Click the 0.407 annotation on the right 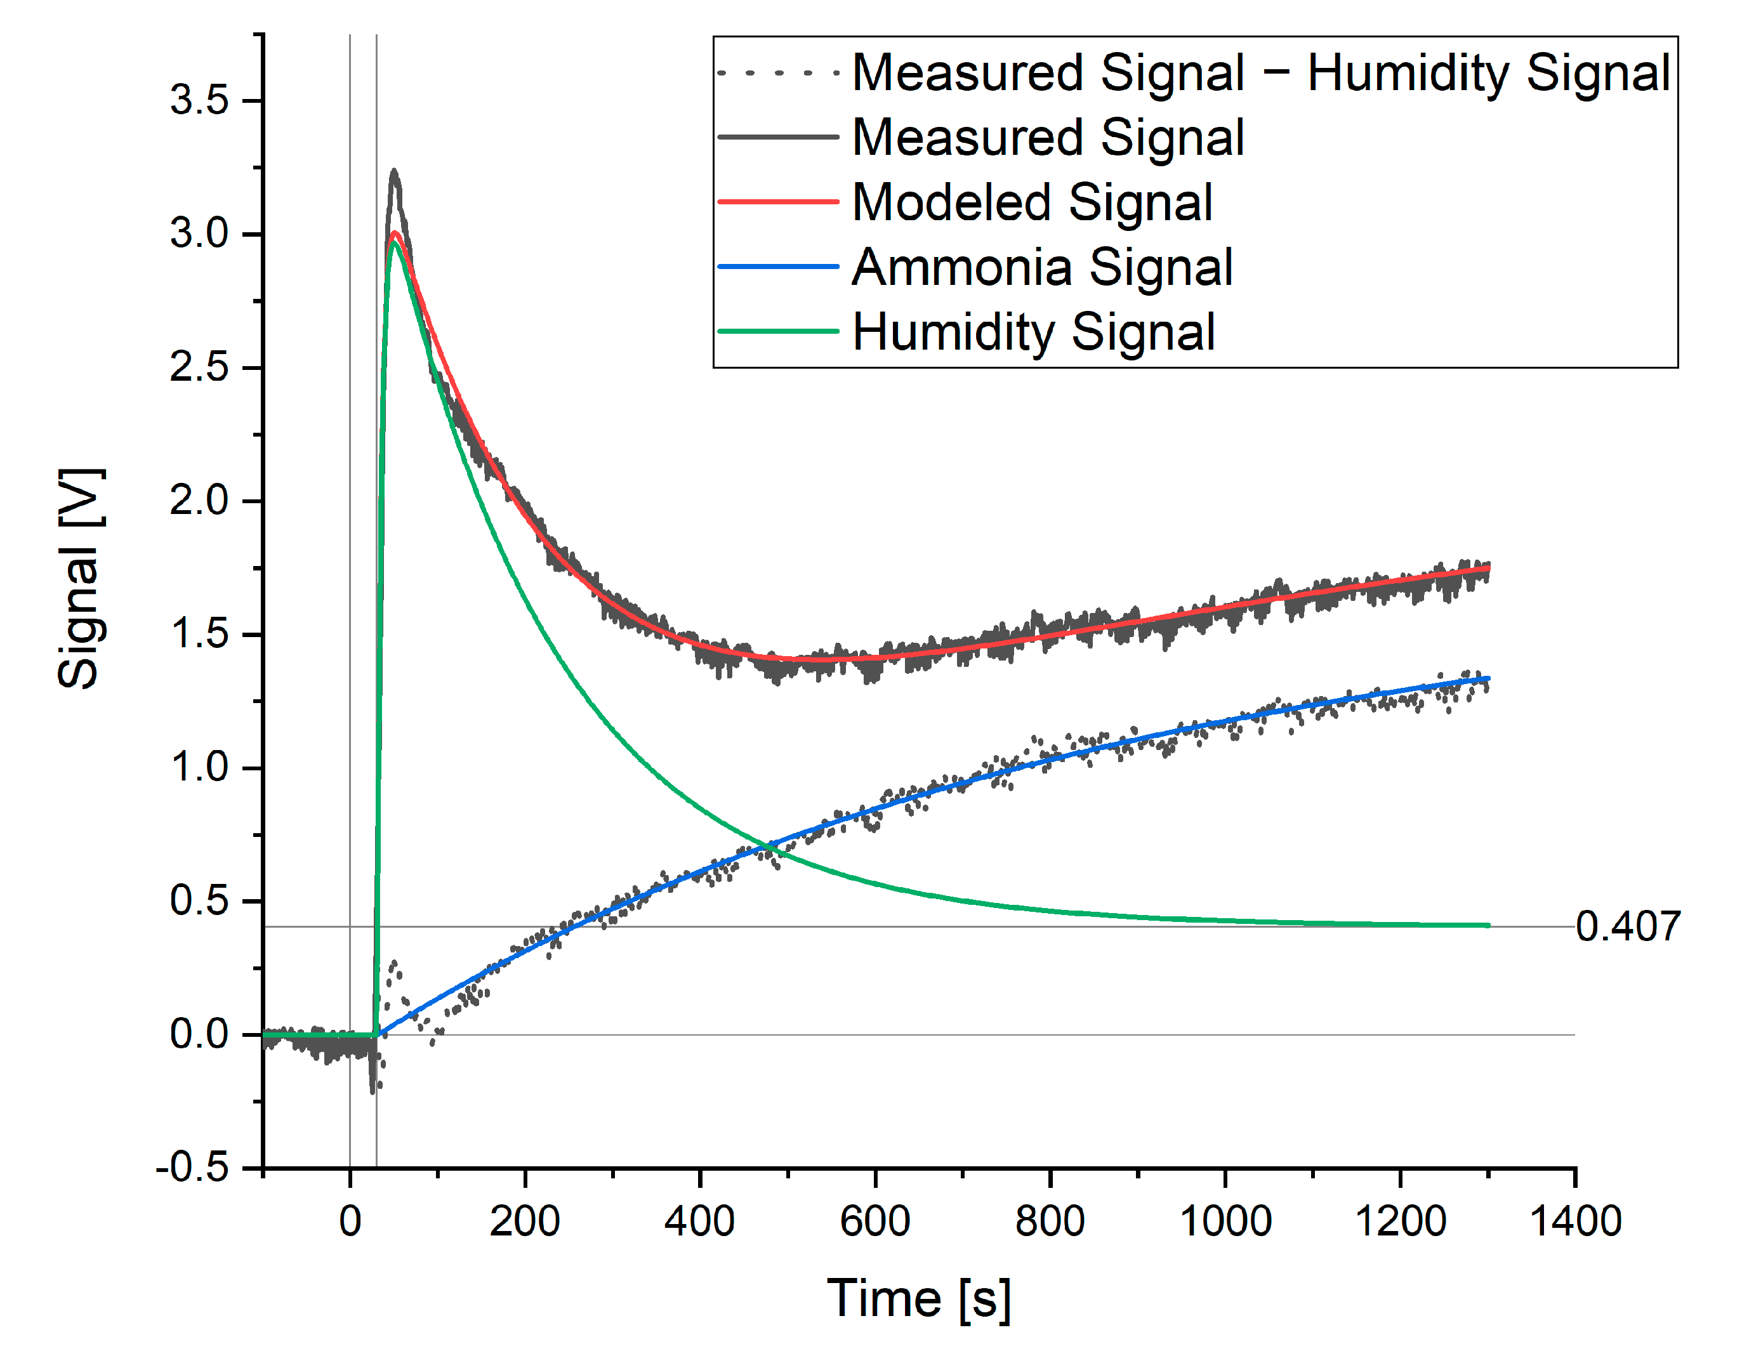click(x=1628, y=926)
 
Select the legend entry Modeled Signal click(x=1033, y=202)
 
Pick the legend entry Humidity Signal click(x=1033, y=331)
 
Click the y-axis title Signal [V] click(x=80, y=579)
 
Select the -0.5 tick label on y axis click(x=192, y=1168)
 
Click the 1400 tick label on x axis click(x=1575, y=1221)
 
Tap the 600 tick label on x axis click(x=874, y=1221)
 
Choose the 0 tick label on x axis click(x=350, y=1221)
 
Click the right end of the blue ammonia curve click(x=1488, y=679)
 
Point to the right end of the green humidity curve click(x=1488, y=926)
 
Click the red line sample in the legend click(x=778, y=202)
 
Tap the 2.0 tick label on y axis click(x=199, y=501)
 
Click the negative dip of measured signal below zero click(x=373, y=1090)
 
